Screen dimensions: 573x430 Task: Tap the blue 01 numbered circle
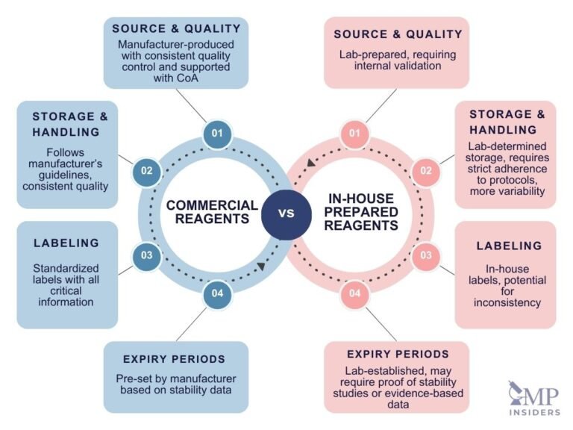(217, 133)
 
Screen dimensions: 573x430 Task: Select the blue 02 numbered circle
(147, 171)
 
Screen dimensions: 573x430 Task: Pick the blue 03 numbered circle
(147, 255)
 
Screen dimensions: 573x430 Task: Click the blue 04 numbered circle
(217, 293)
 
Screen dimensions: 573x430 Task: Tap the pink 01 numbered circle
(355, 133)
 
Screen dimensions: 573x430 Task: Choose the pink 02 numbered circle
(426, 171)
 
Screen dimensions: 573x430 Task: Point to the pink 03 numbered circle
(426, 255)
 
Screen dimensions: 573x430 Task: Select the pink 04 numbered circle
(355, 293)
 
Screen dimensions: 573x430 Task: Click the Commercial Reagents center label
(213, 212)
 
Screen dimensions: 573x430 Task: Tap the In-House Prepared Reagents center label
(361, 212)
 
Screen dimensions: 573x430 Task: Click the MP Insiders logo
(534, 398)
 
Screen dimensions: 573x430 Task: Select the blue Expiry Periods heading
(174, 359)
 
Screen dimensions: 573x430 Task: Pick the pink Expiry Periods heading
(398, 354)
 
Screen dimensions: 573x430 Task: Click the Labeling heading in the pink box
(509, 246)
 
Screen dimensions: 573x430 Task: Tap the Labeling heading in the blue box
(66, 243)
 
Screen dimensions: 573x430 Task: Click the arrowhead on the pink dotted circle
(310, 162)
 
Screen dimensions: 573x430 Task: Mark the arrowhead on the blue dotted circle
(261, 267)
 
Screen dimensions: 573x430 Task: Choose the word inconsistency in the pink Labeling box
(507, 303)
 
